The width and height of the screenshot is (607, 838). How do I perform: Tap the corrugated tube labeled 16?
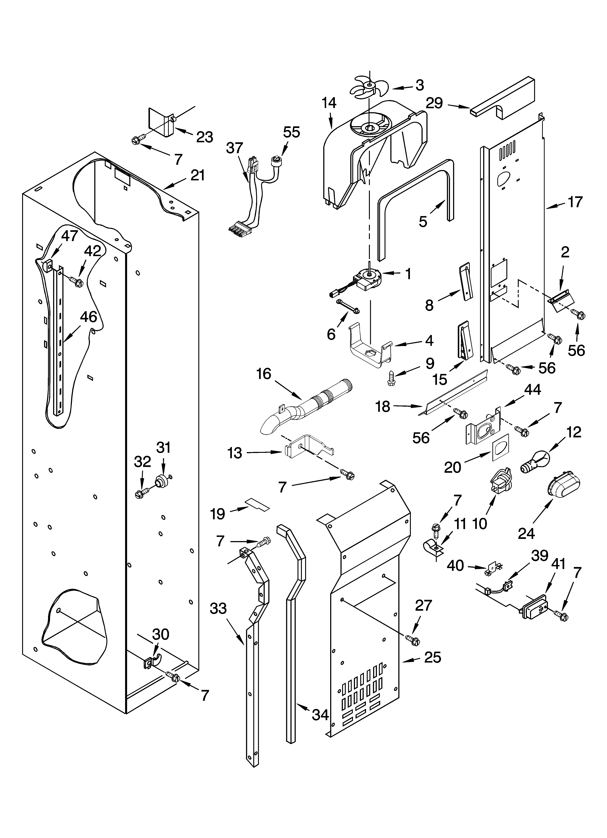pyautogui.click(x=307, y=406)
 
